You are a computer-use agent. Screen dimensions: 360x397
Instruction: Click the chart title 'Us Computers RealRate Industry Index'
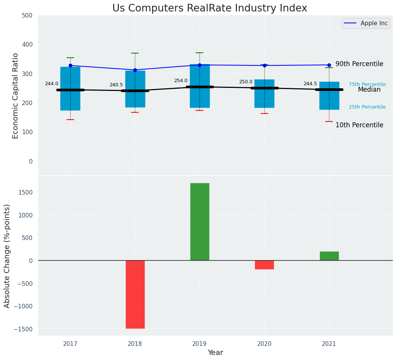click(x=209, y=8)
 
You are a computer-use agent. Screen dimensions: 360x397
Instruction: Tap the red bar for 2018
click(x=135, y=294)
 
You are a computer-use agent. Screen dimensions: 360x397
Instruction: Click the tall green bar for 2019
click(x=200, y=222)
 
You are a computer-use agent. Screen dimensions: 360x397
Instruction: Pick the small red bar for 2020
click(x=264, y=265)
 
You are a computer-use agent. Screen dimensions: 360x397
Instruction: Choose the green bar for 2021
click(x=329, y=256)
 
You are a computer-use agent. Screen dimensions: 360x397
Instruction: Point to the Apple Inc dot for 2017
click(x=70, y=66)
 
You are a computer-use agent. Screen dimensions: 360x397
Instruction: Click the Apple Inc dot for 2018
click(x=135, y=70)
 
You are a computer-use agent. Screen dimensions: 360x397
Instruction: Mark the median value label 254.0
click(x=181, y=81)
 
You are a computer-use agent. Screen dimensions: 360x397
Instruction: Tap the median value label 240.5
click(x=116, y=85)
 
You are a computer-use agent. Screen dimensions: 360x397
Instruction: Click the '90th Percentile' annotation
click(x=359, y=64)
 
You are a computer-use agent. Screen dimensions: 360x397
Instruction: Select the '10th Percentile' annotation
click(x=359, y=125)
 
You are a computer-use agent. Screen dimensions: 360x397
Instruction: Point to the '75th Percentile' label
click(x=367, y=84)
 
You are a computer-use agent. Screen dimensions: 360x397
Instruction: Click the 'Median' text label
click(x=369, y=90)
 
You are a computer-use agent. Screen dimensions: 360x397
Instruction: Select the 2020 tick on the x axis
click(x=264, y=344)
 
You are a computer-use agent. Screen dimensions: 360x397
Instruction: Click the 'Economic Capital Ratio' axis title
click(x=16, y=96)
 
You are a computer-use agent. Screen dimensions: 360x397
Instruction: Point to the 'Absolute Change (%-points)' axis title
click(x=7, y=256)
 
